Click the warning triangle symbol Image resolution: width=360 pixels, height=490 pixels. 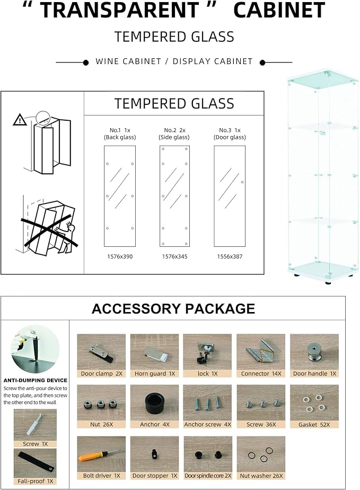(x=20, y=120)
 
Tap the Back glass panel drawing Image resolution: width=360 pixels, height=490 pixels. (x=120, y=196)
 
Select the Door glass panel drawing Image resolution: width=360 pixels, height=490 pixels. (x=230, y=196)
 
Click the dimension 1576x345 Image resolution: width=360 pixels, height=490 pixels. (x=174, y=256)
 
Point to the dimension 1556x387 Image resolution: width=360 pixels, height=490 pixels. (x=230, y=256)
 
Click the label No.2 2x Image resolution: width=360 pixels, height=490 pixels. (x=174, y=130)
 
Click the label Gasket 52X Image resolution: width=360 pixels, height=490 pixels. (x=314, y=425)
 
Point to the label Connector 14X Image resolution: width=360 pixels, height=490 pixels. (x=261, y=374)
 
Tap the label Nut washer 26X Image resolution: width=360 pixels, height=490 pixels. (x=261, y=476)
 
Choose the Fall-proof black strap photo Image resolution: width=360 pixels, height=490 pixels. (x=35, y=463)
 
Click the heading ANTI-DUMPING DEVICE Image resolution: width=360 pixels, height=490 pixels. (x=36, y=380)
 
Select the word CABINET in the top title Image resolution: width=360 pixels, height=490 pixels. (x=279, y=10)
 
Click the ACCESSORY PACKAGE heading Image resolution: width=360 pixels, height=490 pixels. (x=173, y=309)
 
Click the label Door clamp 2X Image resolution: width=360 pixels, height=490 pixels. (x=101, y=374)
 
